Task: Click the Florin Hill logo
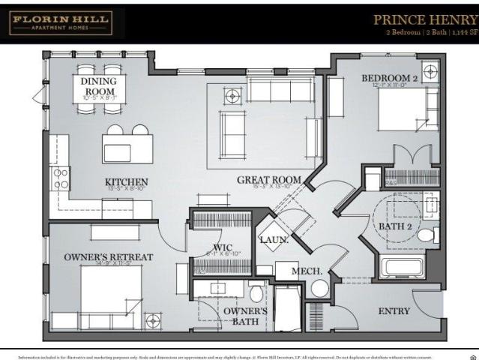coord(60,22)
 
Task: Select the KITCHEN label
coord(126,182)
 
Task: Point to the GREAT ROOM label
coord(268,180)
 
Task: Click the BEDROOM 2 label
coord(389,78)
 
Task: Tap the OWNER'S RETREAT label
coord(108,257)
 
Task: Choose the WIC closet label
coord(221,247)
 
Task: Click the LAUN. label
coord(270,240)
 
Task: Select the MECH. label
coord(307,271)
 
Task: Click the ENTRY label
coord(394,310)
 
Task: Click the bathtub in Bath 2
coord(403,268)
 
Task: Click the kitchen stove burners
coord(60,178)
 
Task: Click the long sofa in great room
coord(279,91)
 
